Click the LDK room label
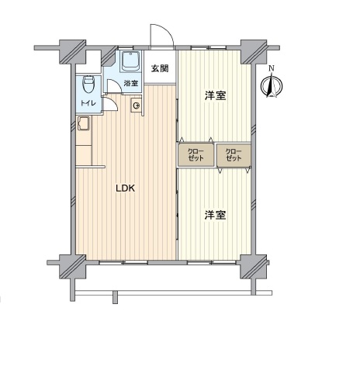coord(125,188)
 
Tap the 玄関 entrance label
coord(160,68)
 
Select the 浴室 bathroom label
coord(131,83)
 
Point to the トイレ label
coord(88,103)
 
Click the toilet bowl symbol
coord(88,84)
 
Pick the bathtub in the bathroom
coord(131,61)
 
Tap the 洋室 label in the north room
coord(216,95)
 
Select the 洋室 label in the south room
coord(216,215)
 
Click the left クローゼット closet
coord(196,155)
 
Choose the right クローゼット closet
coord(234,155)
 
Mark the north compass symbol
coord(272,85)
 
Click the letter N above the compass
coord(272,68)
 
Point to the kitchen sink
coord(83,123)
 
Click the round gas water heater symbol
coord(137,105)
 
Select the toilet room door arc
coord(112,102)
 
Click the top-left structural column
coord(72,52)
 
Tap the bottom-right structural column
coord(254,267)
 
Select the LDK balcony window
coord(123,262)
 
